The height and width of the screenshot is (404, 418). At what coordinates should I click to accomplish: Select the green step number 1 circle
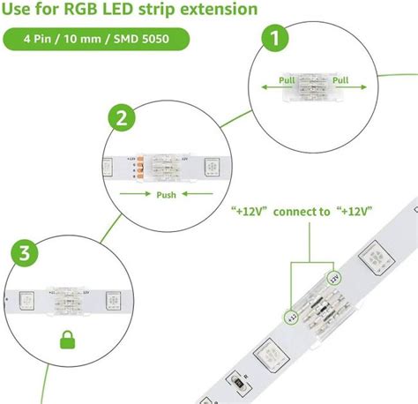(x=277, y=38)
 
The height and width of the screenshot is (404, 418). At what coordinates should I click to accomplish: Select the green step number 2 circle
(x=120, y=117)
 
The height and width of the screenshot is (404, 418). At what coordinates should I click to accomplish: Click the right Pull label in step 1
(x=340, y=79)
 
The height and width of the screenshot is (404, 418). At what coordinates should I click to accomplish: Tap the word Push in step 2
(x=165, y=195)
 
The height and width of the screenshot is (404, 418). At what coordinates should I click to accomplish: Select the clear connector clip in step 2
(x=170, y=166)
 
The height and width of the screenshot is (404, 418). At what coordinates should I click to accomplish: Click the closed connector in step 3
(x=65, y=297)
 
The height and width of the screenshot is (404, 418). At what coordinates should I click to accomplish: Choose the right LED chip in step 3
(x=113, y=298)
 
